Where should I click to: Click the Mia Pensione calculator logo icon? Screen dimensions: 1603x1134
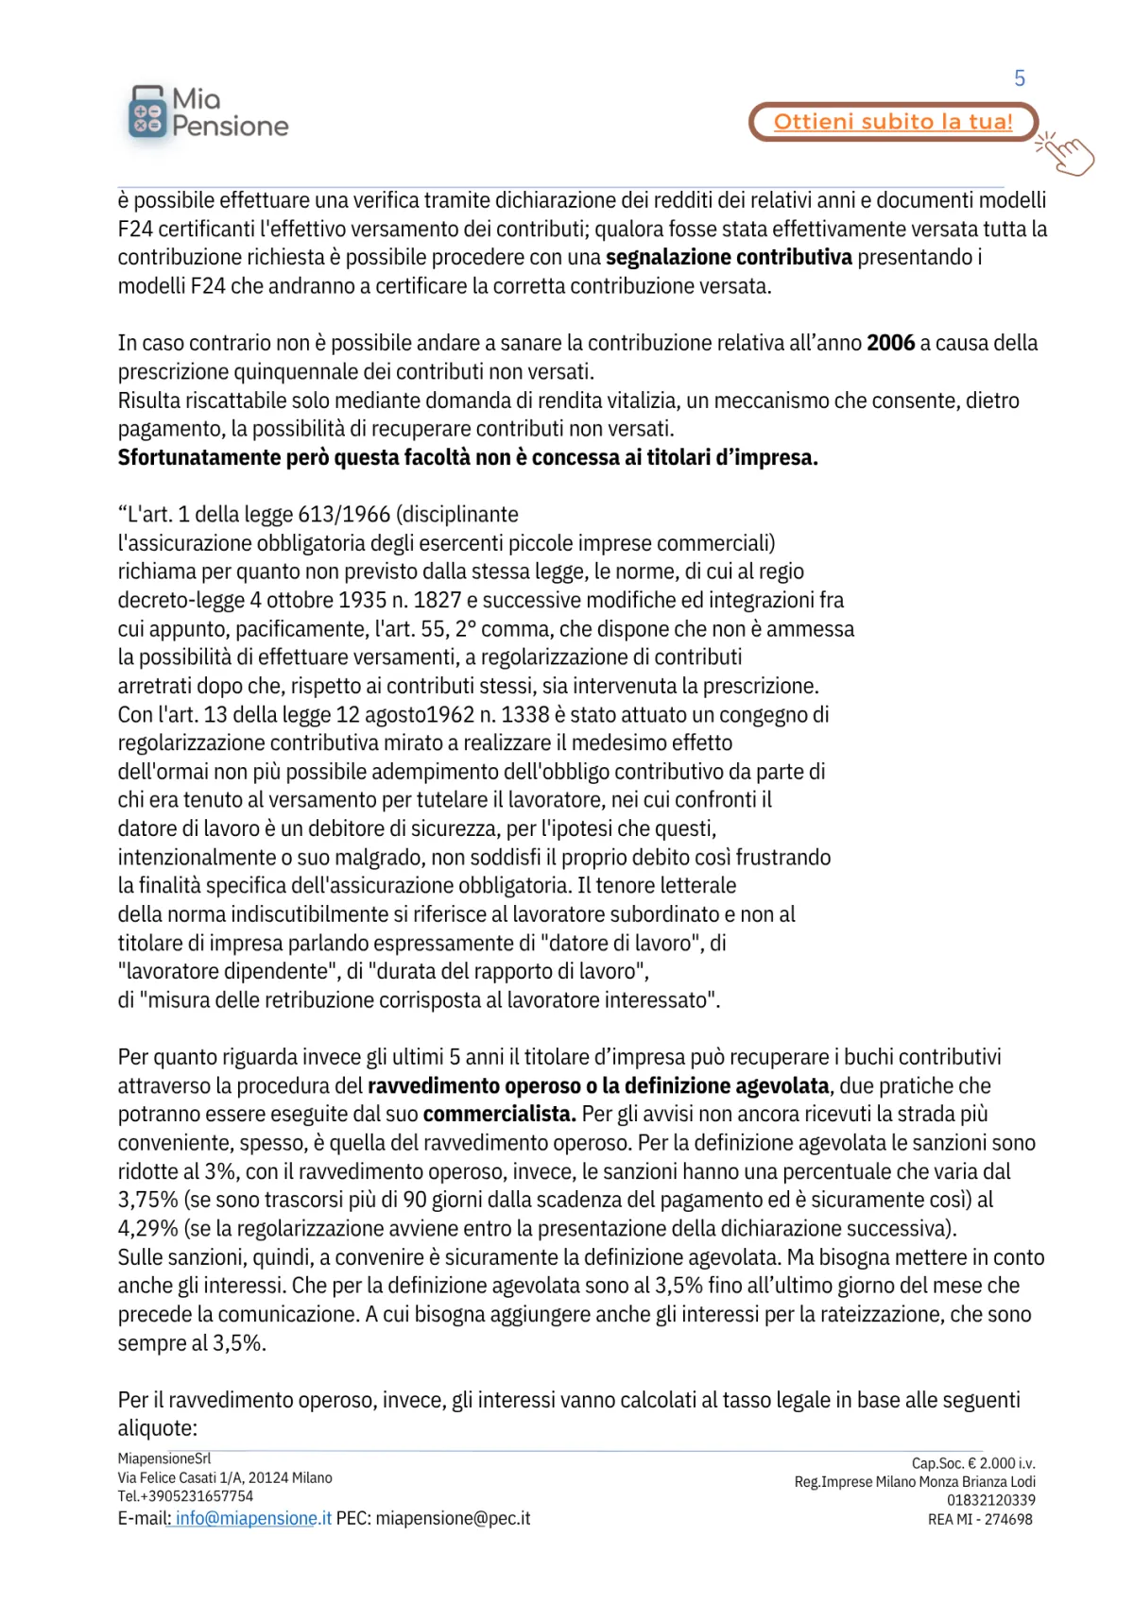[x=146, y=113]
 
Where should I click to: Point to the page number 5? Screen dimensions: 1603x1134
[x=1020, y=78]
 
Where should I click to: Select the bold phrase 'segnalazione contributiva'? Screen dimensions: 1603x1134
[x=729, y=258]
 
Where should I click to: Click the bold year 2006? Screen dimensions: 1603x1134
[x=891, y=343]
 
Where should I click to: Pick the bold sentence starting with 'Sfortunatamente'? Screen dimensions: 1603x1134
[x=468, y=458]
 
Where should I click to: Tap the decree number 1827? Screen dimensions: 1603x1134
[x=438, y=601]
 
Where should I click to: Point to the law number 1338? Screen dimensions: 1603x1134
[x=524, y=715]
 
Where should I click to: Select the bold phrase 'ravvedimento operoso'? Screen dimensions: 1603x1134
[x=474, y=1086]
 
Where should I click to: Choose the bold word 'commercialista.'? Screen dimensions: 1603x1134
[x=499, y=1115]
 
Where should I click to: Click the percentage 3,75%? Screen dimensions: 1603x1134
[x=147, y=1201]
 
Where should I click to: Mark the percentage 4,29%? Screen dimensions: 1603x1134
[x=147, y=1229]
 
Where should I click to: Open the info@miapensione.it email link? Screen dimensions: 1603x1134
[x=253, y=1519]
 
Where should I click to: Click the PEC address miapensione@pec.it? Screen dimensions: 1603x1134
[x=453, y=1519]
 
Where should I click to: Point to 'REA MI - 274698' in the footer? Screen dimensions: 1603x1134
[x=980, y=1520]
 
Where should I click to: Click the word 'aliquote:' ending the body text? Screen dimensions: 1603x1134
[x=157, y=1428]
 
